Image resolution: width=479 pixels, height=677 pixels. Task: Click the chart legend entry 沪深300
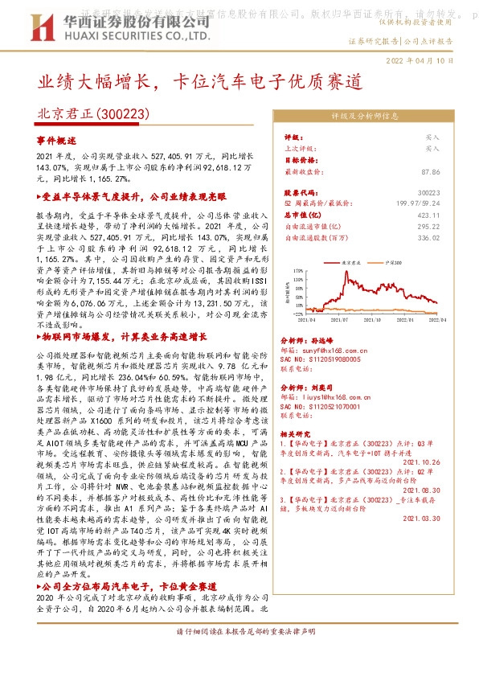click(x=395, y=262)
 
